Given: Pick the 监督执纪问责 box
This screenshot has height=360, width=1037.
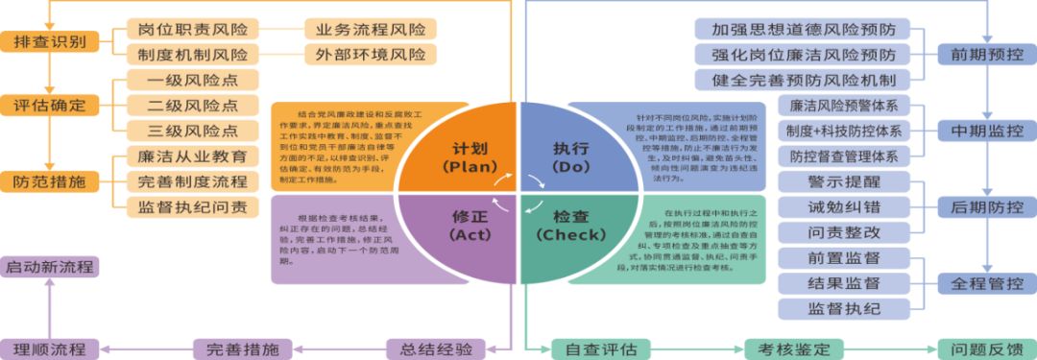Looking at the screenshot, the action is pyautogui.click(x=192, y=205).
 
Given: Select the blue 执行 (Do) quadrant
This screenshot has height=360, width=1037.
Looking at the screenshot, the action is pyautogui.click(x=571, y=154).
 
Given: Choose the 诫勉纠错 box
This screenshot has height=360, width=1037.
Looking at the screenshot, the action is pyautogui.click(x=844, y=206).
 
